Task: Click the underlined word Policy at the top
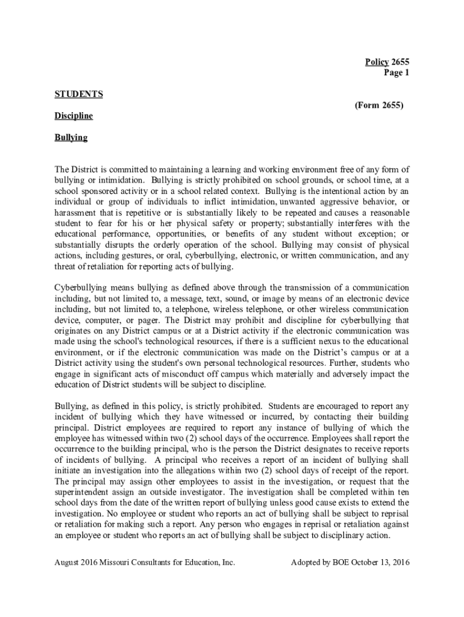click(x=377, y=61)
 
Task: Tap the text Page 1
click(x=397, y=72)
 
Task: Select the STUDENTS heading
click(x=78, y=94)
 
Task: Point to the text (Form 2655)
click(x=379, y=105)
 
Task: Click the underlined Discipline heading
click(x=74, y=116)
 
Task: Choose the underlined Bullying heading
click(x=71, y=137)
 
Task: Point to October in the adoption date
click(x=362, y=563)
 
